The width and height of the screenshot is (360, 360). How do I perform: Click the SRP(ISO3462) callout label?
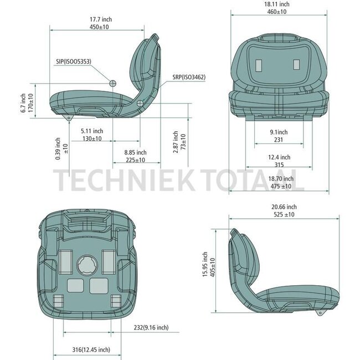(x=188, y=78)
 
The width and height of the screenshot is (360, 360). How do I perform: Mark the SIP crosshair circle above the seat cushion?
(x=113, y=83)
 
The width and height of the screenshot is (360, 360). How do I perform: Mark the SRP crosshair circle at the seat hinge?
(x=140, y=102)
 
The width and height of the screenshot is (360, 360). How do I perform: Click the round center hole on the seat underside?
(x=86, y=265)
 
